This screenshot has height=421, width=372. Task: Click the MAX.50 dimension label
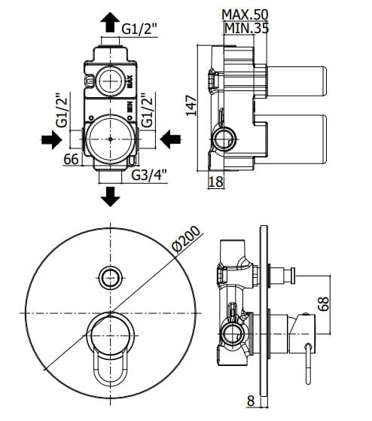(x=245, y=14)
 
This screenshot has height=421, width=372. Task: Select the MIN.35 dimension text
(x=246, y=28)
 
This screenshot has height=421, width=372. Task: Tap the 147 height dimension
(x=192, y=105)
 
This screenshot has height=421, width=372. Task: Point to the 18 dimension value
(x=216, y=182)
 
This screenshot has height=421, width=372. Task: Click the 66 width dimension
(x=72, y=159)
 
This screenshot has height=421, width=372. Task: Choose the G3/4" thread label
(x=149, y=175)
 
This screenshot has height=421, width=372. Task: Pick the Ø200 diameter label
(x=186, y=239)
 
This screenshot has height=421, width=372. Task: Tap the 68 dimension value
(x=324, y=304)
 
